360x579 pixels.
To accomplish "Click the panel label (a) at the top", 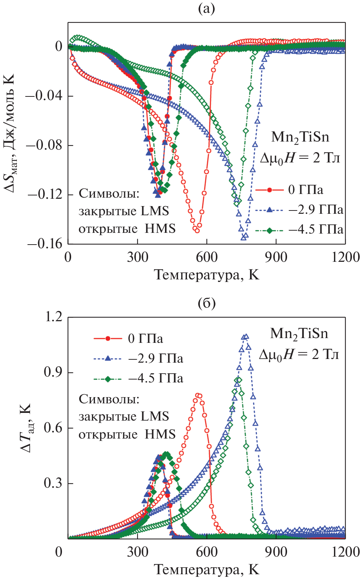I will tap(206, 8).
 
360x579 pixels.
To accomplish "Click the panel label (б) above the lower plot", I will tap(206, 303).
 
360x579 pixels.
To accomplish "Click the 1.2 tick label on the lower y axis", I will tap(53, 317).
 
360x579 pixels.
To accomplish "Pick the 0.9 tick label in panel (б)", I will tap(53, 372).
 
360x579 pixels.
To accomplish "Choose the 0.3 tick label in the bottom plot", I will tap(53, 483).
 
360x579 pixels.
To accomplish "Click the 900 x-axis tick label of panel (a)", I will tap(276, 257).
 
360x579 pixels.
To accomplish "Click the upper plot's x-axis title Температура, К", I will tap(206, 274).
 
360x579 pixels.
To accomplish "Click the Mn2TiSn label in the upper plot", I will tap(300, 137).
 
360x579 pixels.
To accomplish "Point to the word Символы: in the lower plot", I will tap(109, 399).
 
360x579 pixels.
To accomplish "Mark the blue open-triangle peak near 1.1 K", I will tap(246, 336).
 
